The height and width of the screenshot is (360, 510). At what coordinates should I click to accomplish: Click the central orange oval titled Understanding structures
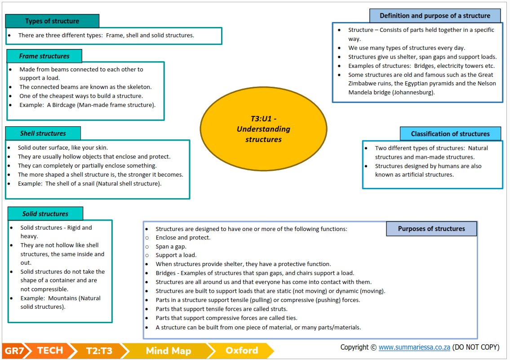(263, 129)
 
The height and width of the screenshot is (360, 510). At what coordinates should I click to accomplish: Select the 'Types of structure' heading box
(52, 21)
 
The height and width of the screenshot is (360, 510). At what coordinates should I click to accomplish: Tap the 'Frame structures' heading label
(44, 56)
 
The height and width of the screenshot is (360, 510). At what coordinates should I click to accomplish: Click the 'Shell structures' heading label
(43, 133)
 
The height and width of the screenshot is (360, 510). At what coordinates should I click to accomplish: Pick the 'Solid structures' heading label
(45, 214)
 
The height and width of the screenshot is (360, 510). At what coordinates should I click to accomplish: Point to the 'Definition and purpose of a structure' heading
(435, 16)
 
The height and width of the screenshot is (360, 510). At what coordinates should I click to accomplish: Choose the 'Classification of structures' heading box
(450, 134)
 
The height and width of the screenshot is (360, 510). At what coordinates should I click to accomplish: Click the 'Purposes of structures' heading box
(431, 229)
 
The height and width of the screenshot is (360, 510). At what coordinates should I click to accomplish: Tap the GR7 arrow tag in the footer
(14, 351)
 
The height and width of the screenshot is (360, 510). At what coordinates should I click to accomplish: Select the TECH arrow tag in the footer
(50, 351)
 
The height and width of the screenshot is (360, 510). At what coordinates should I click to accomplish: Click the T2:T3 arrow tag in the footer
(99, 351)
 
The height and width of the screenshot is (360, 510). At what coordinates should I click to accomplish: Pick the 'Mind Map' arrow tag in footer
(168, 351)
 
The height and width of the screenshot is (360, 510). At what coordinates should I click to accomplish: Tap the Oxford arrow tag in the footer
(241, 351)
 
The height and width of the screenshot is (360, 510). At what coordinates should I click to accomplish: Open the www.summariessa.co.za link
(414, 347)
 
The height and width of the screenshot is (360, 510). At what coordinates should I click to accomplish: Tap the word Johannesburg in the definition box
(414, 93)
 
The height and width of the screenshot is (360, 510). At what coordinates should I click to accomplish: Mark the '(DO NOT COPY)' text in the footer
(476, 347)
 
